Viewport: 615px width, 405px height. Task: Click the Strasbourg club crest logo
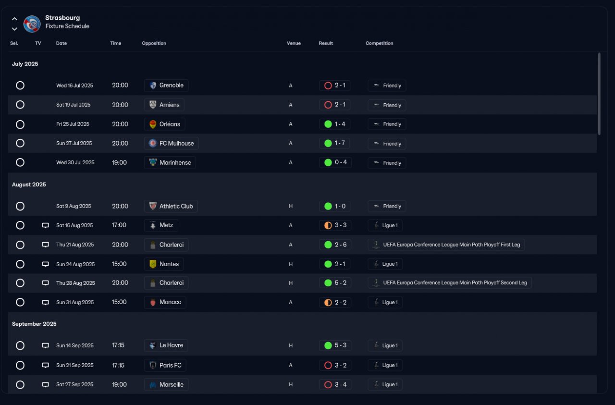coord(32,24)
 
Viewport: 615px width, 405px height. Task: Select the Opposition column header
coord(154,43)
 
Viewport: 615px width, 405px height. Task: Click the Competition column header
coord(379,43)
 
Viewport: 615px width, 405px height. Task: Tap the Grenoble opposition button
coord(166,86)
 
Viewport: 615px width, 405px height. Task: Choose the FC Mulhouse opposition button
coord(171,143)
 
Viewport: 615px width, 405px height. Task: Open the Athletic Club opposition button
coord(171,206)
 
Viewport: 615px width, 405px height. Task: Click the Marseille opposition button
coord(166,384)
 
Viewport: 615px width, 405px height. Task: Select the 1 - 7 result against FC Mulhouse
coord(335,143)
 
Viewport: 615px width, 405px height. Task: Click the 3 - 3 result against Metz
coord(335,225)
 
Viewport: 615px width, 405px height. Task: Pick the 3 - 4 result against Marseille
coord(335,384)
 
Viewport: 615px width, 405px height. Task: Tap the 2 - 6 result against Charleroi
coord(335,245)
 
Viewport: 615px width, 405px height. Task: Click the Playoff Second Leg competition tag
coord(450,283)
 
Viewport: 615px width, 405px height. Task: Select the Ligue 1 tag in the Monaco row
coord(385,302)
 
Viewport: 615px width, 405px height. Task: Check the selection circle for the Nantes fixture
coord(20,264)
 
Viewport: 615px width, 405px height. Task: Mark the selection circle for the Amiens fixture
coord(20,105)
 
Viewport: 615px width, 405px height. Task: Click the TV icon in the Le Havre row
coord(46,345)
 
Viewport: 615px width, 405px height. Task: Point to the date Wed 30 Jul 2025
coord(75,162)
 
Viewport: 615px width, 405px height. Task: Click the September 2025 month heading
coord(34,324)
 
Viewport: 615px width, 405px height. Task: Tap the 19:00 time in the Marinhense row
coord(119,162)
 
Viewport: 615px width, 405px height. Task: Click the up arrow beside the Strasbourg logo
coord(14,19)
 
